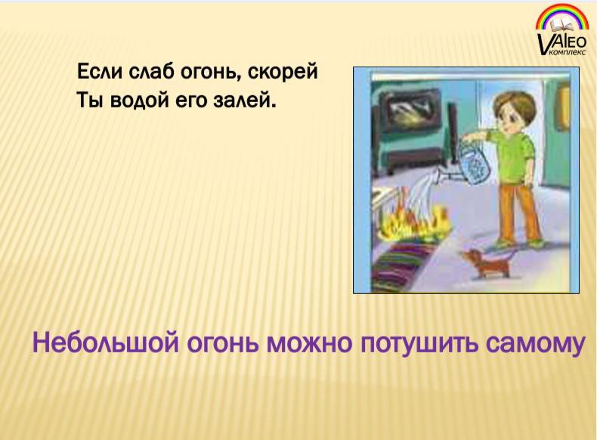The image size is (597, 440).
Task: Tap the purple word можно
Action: click(x=309, y=344)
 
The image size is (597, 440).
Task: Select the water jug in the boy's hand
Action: click(x=472, y=165)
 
